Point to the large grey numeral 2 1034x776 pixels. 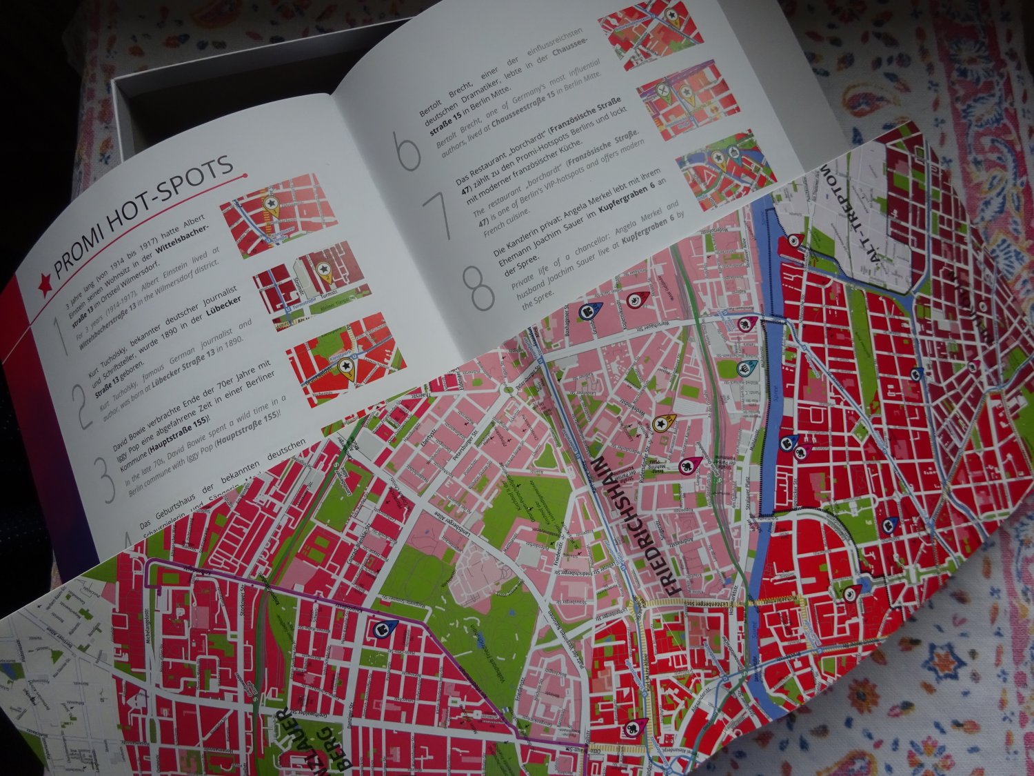89,404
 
